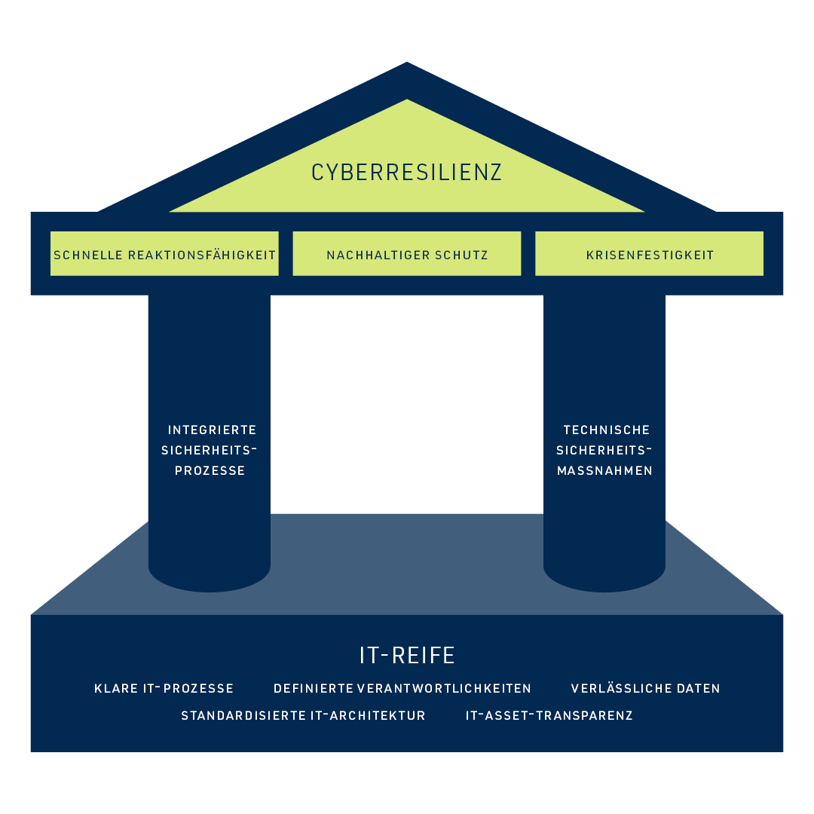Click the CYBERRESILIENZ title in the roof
[x=406, y=173]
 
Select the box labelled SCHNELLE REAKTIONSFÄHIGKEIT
[x=164, y=255]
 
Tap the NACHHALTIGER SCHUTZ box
[x=407, y=255]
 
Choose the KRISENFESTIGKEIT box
[x=650, y=255]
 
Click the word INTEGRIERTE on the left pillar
[x=212, y=430]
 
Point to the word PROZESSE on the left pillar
[x=210, y=471]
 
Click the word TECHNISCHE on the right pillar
[x=607, y=430]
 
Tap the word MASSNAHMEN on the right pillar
[x=604, y=471]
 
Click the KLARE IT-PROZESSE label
[x=164, y=689]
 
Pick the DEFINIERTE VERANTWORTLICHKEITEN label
[x=402, y=689]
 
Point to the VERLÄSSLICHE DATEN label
[x=645, y=689]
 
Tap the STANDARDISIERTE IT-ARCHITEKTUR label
[x=303, y=716]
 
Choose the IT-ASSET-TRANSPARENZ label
[x=549, y=716]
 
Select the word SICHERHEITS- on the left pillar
[x=210, y=451]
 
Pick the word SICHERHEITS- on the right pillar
[x=604, y=451]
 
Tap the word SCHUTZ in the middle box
[x=462, y=255]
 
